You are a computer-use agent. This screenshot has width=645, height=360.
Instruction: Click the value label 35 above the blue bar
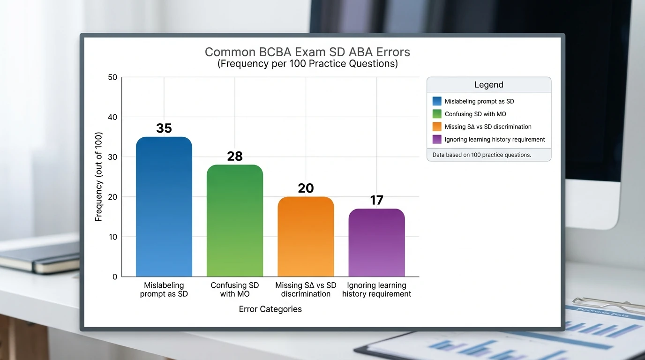click(164, 128)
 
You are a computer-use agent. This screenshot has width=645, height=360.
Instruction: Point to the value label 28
click(234, 156)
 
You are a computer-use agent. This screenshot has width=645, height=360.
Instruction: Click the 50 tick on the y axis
click(112, 77)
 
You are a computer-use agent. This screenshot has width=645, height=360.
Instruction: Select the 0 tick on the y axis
click(114, 277)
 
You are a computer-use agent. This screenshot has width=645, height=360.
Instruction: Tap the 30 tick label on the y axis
click(112, 157)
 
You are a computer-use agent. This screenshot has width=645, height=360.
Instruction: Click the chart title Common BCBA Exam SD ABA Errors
click(307, 52)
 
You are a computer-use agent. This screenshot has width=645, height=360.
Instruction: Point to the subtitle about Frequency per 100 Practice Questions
click(307, 64)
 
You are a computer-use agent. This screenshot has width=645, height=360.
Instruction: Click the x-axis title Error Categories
click(270, 309)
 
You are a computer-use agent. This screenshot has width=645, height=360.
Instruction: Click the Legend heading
click(488, 85)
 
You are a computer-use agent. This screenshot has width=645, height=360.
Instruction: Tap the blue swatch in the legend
click(437, 101)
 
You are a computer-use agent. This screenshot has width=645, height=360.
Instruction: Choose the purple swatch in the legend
click(437, 139)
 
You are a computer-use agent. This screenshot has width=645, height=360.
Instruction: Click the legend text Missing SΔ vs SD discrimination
click(487, 127)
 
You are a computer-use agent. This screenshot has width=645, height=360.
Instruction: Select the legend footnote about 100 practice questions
click(481, 155)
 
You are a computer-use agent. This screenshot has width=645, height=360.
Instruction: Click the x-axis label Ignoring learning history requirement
click(376, 290)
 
